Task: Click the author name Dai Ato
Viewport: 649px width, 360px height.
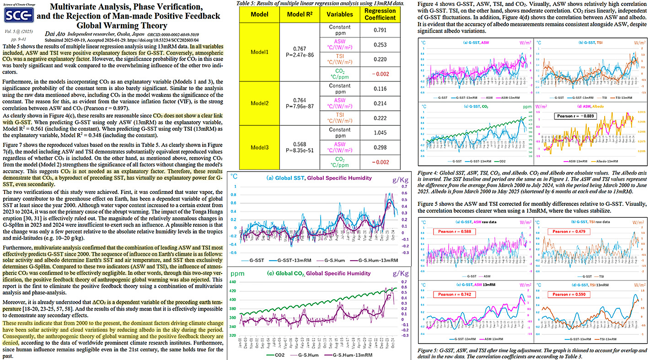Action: [x=54, y=34]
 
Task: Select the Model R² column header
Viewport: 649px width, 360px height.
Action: [x=300, y=15]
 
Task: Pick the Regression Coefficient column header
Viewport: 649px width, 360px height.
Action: [x=380, y=15]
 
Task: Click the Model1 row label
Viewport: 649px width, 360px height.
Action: [x=259, y=53]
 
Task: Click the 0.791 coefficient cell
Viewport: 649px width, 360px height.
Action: [x=380, y=30]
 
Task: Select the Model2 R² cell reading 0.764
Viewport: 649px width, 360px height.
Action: [x=300, y=99]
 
